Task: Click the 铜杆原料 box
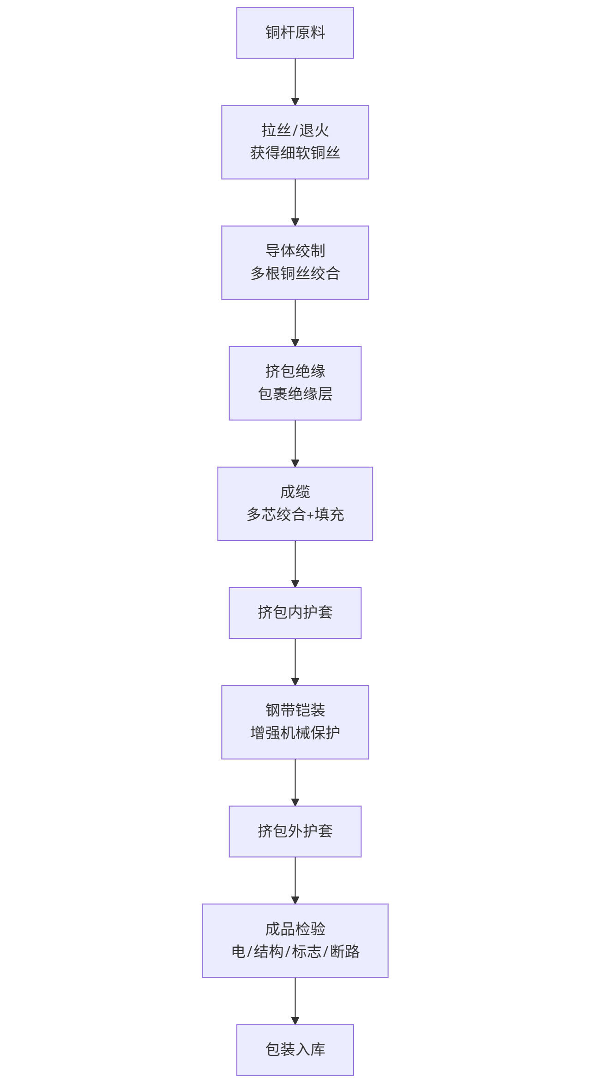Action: point(295,33)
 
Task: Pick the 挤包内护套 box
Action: point(295,613)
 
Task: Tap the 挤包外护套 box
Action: point(295,831)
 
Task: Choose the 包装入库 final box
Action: point(295,1049)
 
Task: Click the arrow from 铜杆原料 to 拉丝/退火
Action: point(295,82)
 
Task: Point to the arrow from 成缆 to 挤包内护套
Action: point(295,564)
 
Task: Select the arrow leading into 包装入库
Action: point(295,1000)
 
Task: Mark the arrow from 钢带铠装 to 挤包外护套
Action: point(295,782)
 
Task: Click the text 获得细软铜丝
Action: point(295,153)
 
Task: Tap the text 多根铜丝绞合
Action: point(295,273)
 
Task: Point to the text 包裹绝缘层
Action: point(295,394)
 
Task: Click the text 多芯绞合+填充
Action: point(295,514)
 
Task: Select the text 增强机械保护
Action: point(295,733)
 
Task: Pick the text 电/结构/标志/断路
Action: point(295,951)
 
